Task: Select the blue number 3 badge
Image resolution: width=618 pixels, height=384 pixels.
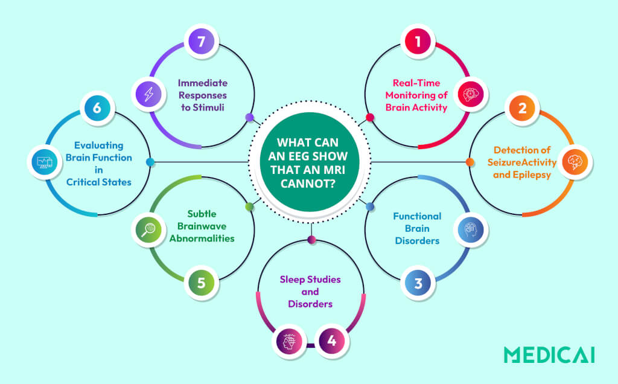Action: [x=418, y=283]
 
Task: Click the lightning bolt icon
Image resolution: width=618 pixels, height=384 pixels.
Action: [x=148, y=95]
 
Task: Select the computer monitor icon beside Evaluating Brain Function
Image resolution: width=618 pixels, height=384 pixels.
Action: [x=45, y=162]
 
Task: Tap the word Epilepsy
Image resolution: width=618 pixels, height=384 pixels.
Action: [x=535, y=174]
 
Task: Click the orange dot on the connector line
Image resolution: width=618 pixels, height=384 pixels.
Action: [x=470, y=162]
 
